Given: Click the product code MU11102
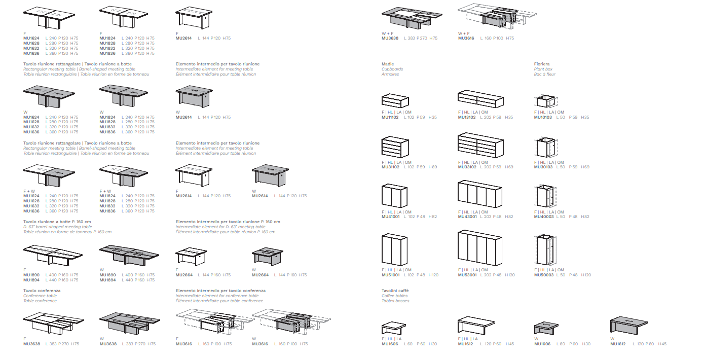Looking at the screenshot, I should tap(390, 117).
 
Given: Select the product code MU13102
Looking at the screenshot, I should tap(467, 117).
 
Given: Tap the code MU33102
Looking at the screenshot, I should tap(467, 167).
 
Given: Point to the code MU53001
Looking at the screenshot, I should tap(467, 275).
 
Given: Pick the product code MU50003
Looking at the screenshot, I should tap(543, 275).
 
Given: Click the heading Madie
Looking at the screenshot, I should tap(388, 64).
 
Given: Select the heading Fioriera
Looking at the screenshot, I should tap(542, 64).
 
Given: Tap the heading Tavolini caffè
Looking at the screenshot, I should tap(395, 291).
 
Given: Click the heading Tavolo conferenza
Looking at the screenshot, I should tap(42, 291).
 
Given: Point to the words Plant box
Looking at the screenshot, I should tap(543, 69).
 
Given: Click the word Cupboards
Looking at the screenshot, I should tap(392, 69).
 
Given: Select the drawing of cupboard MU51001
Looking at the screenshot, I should tap(394, 249).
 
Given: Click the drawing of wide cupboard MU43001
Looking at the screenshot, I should tap(479, 194).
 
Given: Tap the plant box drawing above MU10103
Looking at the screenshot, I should tap(546, 100).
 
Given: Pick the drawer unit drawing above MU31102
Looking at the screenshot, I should tap(395, 147).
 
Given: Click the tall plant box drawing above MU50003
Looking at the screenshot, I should tap(546, 249).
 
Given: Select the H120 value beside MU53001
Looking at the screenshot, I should tap(510, 275).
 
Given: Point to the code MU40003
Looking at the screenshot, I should tap(543, 217).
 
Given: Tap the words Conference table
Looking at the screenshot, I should tap(40, 296).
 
